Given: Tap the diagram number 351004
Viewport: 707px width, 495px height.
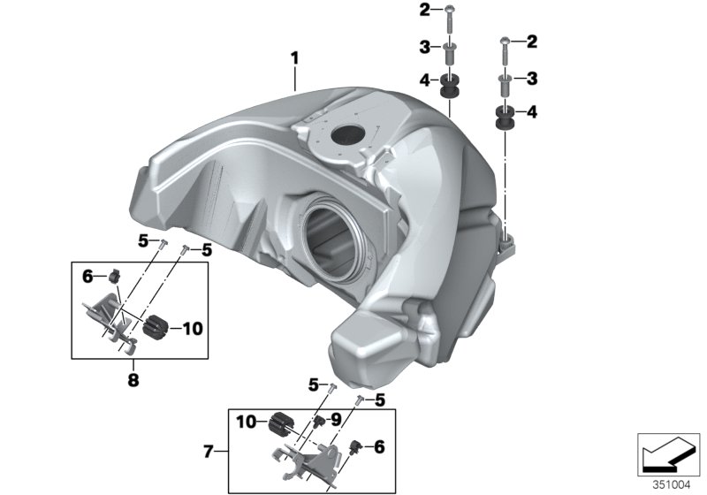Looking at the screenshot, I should (672, 484).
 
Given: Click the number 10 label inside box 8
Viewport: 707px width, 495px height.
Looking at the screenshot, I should (193, 328).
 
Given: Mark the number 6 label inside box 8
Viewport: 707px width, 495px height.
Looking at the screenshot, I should (88, 277).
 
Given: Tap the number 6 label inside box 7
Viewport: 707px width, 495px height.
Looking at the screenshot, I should (379, 447).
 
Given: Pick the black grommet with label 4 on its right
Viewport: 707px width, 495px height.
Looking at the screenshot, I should (506, 118).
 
